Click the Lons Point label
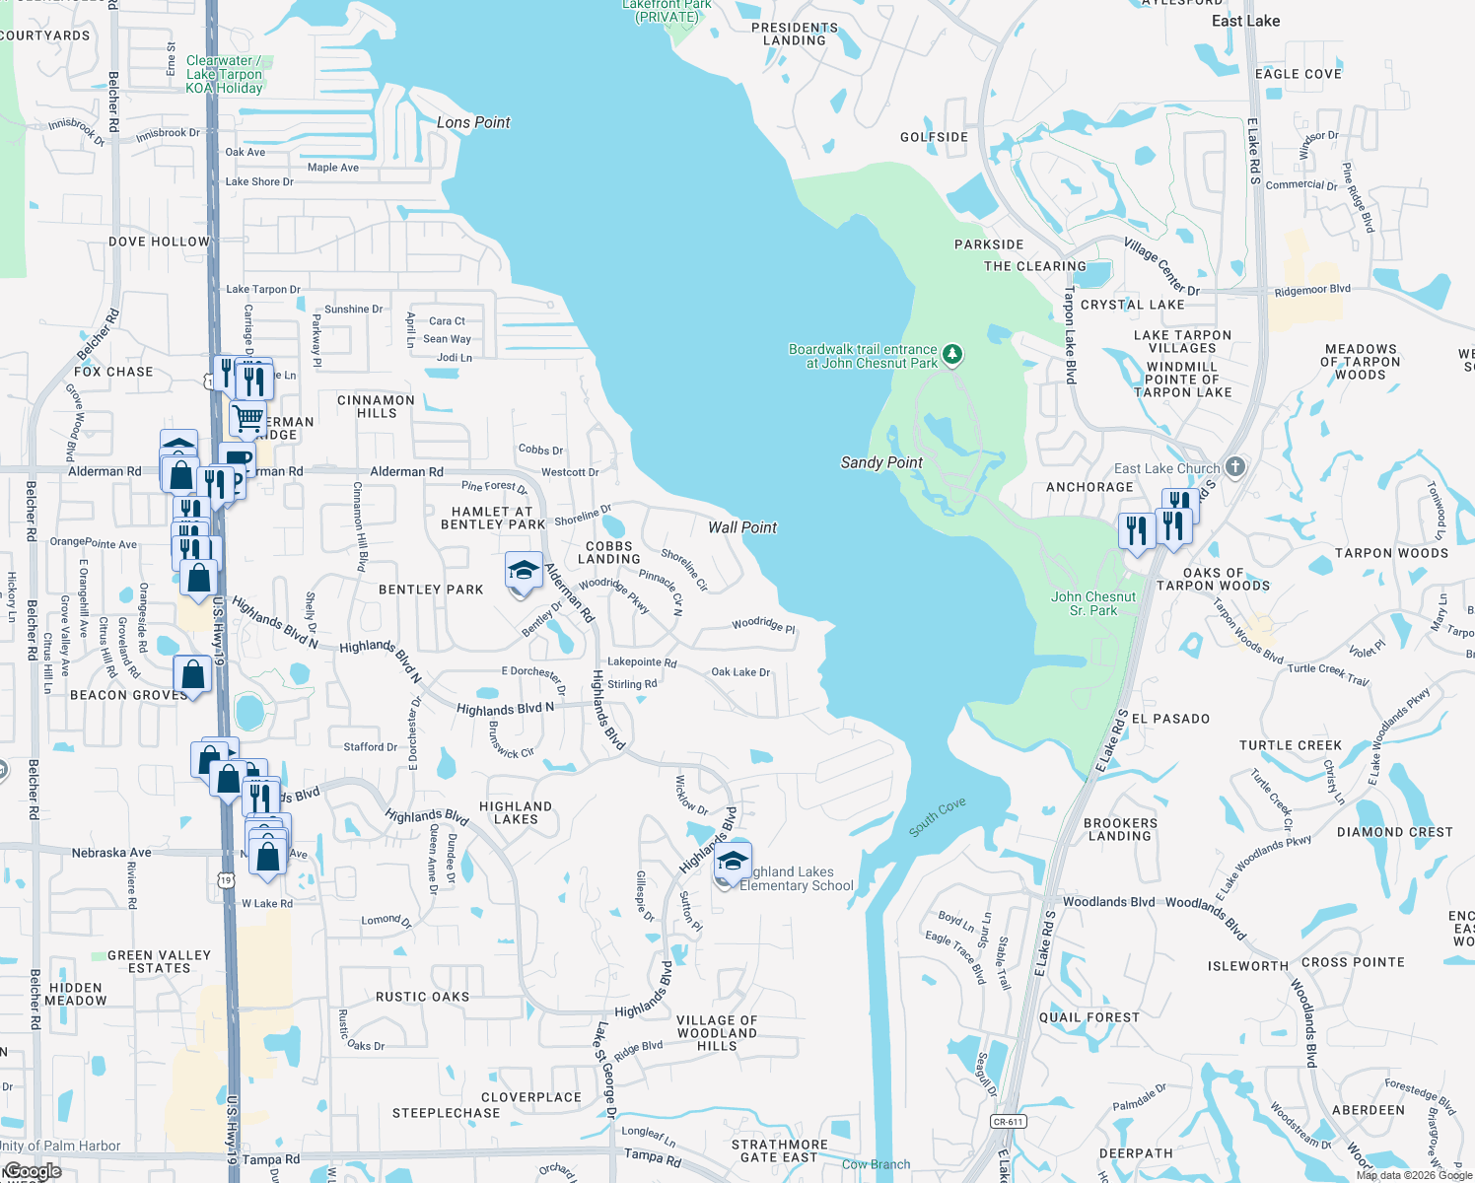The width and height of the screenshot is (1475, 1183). tap(473, 123)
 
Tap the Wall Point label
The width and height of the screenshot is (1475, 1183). tap(742, 527)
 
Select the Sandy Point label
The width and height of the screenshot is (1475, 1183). tap(881, 462)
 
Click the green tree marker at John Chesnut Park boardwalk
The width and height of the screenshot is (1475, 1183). tap(951, 354)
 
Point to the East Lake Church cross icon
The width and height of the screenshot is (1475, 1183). tap(1236, 467)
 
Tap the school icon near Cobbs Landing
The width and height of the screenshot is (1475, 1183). tap(524, 571)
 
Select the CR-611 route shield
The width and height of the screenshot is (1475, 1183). tap(1008, 1121)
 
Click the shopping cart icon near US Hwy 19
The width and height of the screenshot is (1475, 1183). tap(247, 417)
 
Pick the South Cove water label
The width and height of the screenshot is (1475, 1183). tap(937, 818)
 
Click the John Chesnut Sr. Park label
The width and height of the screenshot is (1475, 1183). tap(1092, 603)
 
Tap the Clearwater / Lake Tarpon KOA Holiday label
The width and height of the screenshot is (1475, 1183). tap(224, 74)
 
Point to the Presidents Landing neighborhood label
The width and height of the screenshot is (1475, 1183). tap(795, 34)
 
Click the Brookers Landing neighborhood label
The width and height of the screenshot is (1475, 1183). tap(1120, 829)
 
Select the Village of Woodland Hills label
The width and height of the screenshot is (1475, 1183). tap(717, 1033)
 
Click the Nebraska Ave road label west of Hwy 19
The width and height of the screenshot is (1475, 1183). tap(111, 853)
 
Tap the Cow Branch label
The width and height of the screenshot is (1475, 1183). tap(876, 1164)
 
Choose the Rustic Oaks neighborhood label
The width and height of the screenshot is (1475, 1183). tap(422, 997)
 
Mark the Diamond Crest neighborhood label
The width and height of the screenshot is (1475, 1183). tap(1394, 832)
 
